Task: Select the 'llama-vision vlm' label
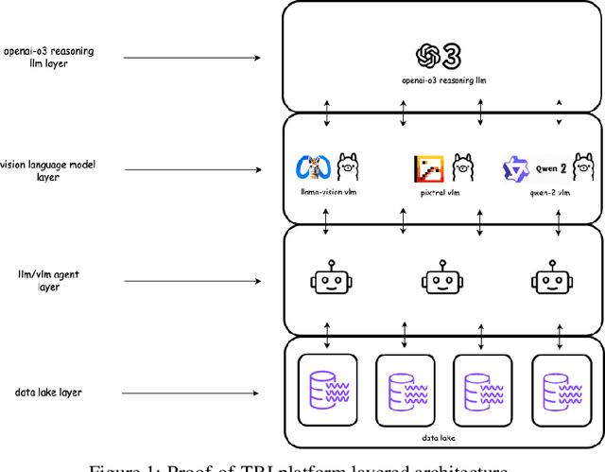(x=327, y=191)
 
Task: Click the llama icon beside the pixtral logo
(x=463, y=166)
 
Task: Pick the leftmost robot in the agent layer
(x=327, y=277)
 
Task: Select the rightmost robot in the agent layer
(x=549, y=277)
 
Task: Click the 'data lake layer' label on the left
(x=48, y=392)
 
